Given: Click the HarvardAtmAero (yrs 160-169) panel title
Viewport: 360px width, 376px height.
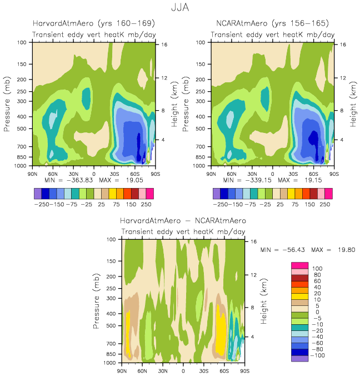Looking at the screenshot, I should (x=93, y=23).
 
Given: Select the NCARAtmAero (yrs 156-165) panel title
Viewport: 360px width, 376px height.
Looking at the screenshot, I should (x=272, y=23).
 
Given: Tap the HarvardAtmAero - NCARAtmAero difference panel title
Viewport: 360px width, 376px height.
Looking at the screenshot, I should (x=183, y=221).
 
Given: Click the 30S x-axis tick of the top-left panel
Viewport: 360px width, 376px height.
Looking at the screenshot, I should (x=114, y=173).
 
